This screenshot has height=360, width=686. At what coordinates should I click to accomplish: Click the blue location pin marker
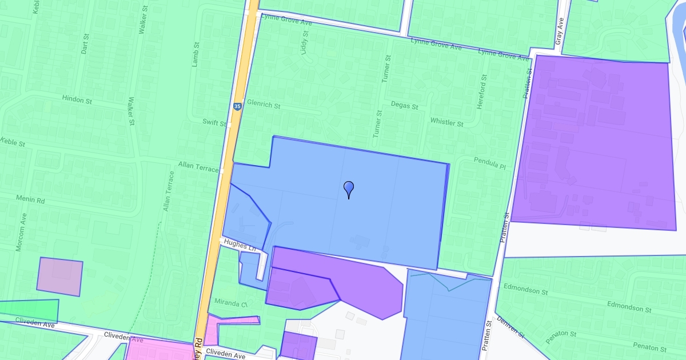point(349,189)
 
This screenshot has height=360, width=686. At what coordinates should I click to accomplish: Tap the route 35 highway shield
point(237,106)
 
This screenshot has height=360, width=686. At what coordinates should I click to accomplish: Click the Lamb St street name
point(196,54)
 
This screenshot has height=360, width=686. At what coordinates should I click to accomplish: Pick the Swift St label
point(215,122)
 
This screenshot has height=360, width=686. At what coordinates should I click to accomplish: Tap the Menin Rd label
point(33,201)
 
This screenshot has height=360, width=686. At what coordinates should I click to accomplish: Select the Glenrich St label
point(264,106)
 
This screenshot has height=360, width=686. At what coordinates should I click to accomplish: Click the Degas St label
point(405,106)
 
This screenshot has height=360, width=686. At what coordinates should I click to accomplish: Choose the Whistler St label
point(446,122)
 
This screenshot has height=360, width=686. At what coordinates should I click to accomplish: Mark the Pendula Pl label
point(490,163)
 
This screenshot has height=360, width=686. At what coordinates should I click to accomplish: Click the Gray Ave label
point(559,31)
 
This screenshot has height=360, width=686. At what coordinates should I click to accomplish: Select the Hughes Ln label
point(240,246)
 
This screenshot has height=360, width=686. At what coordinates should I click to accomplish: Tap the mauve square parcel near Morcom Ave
point(60,277)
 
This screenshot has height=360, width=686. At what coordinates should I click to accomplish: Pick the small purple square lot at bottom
point(298,346)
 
